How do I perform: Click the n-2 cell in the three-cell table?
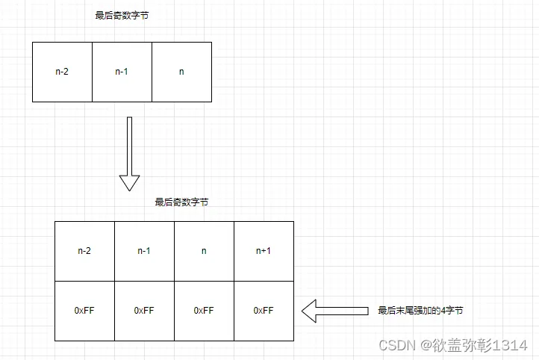coord(62,72)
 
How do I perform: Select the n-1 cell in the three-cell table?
coord(122,72)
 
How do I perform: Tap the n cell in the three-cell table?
coord(181,72)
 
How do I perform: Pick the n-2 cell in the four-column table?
coord(84,251)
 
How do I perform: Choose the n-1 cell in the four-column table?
coord(144,251)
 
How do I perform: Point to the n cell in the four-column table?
coord(204,251)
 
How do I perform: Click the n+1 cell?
coord(264,251)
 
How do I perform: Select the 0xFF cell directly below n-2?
coord(84,311)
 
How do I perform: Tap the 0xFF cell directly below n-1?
coord(144,311)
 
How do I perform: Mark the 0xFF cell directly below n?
coord(204,311)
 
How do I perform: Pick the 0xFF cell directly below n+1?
coord(264,311)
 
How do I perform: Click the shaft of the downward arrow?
coord(129,146)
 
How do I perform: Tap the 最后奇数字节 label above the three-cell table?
coord(122,16)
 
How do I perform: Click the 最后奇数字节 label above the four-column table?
coord(181,202)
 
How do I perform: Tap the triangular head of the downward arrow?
coord(129,182)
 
